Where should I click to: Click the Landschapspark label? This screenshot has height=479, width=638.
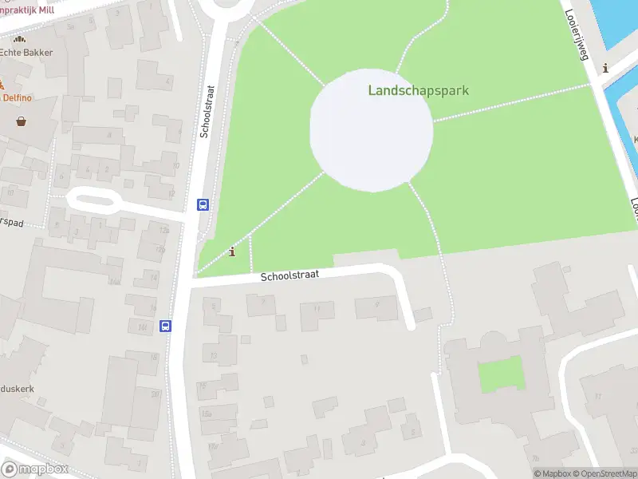[418, 90]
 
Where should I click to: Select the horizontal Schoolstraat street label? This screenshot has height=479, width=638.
[290, 275]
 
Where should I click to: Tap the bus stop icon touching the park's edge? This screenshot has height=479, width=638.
[203, 204]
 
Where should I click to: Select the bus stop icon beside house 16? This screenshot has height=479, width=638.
[165, 326]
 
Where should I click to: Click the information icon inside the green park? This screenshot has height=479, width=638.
[232, 252]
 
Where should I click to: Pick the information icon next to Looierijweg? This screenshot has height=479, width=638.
[606, 69]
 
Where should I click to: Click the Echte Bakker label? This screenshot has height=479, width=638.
[26, 53]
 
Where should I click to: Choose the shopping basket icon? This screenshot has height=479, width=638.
[20, 121]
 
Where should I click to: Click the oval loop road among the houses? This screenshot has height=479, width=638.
[92, 200]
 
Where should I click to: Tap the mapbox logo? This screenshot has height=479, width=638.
[35, 469]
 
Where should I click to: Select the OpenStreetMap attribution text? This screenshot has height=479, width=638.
[605, 473]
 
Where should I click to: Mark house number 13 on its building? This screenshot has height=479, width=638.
[213, 355]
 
